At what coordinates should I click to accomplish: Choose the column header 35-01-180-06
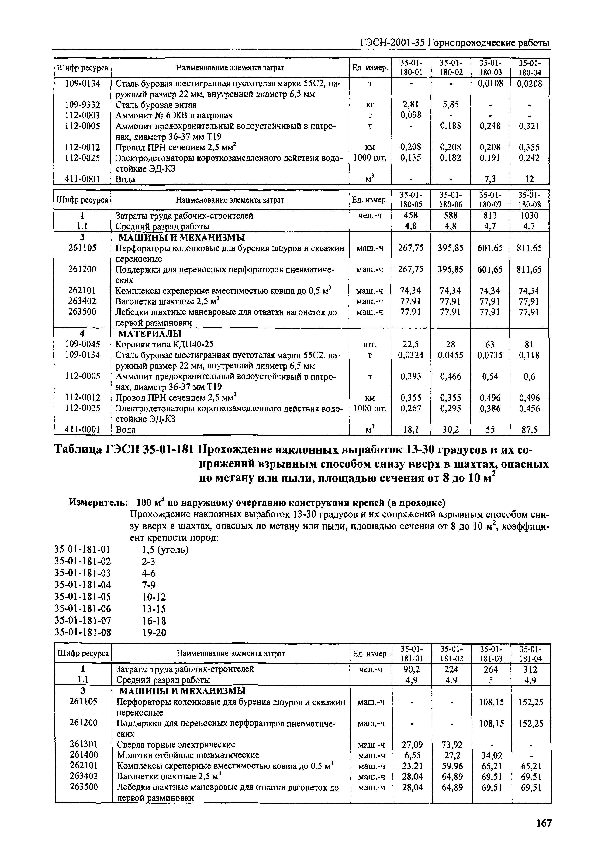click(x=451, y=200)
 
